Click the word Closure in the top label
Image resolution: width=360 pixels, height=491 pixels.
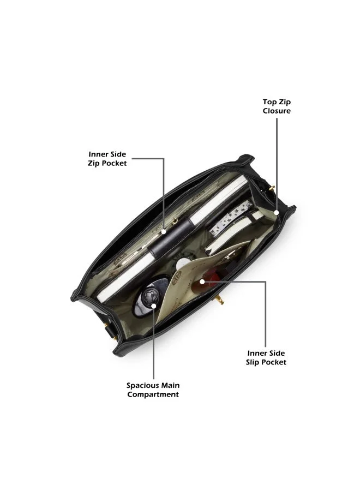277,111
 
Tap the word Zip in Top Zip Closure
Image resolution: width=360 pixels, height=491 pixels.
285,102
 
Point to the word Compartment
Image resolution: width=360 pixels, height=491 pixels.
153,394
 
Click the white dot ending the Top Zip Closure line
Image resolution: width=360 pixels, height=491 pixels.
276,212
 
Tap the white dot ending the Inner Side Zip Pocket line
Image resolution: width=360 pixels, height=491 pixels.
164,232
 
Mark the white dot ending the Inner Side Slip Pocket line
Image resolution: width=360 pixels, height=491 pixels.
202,282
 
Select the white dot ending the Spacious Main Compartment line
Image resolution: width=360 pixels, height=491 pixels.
153,306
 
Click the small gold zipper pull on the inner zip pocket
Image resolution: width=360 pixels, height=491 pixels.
175,223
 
